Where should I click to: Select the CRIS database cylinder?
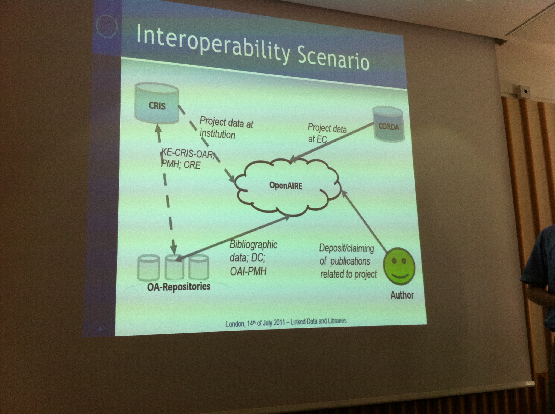(x=157, y=103)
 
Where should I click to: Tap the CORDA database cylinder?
(x=388, y=124)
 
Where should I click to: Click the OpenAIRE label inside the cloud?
(x=286, y=186)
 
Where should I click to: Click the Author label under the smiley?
(x=402, y=295)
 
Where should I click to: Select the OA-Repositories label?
(x=179, y=286)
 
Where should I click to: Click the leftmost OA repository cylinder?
(x=149, y=267)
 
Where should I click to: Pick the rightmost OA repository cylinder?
(x=199, y=267)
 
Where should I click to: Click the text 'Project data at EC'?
(x=327, y=133)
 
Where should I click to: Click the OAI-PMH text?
(x=248, y=271)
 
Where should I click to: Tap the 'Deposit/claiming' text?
(x=346, y=248)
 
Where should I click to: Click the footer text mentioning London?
(x=286, y=322)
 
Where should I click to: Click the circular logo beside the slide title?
(x=107, y=26)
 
